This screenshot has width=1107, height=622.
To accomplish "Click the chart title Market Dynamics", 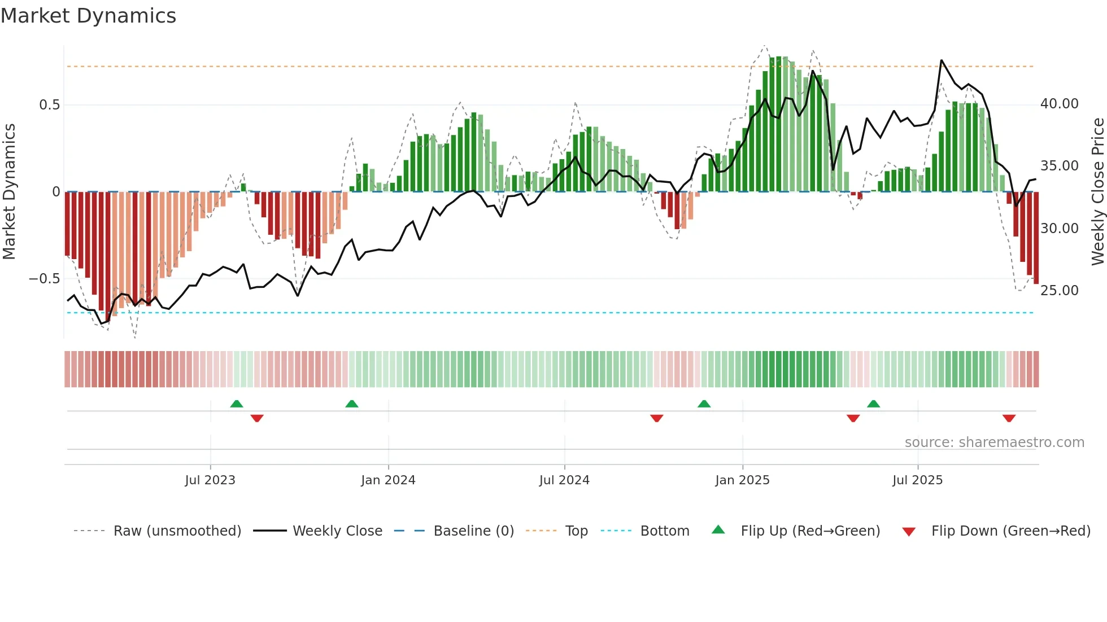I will [x=88, y=16].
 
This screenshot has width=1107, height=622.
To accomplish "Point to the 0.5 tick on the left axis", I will [x=49, y=105].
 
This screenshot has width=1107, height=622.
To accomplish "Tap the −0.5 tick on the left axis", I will [x=44, y=279].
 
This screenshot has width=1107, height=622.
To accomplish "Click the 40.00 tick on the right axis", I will [x=1059, y=104].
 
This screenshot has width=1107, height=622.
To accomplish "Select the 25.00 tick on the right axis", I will [x=1059, y=291].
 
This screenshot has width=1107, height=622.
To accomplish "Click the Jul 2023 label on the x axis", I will [x=210, y=480].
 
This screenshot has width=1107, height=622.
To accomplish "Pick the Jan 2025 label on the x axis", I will [x=742, y=480].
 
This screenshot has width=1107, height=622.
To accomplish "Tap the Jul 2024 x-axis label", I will [x=564, y=480].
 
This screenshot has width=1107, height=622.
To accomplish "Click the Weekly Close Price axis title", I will [x=1097, y=191].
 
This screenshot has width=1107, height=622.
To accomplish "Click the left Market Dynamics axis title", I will [x=9, y=191].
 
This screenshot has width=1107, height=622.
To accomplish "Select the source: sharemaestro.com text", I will [x=994, y=443].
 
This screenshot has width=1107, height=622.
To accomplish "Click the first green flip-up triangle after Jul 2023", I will [x=237, y=404].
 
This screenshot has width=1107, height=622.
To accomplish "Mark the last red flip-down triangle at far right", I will [x=1009, y=418].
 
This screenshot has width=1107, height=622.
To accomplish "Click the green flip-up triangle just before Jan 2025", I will [x=704, y=404].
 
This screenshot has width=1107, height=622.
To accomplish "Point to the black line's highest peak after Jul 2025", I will [x=942, y=60].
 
